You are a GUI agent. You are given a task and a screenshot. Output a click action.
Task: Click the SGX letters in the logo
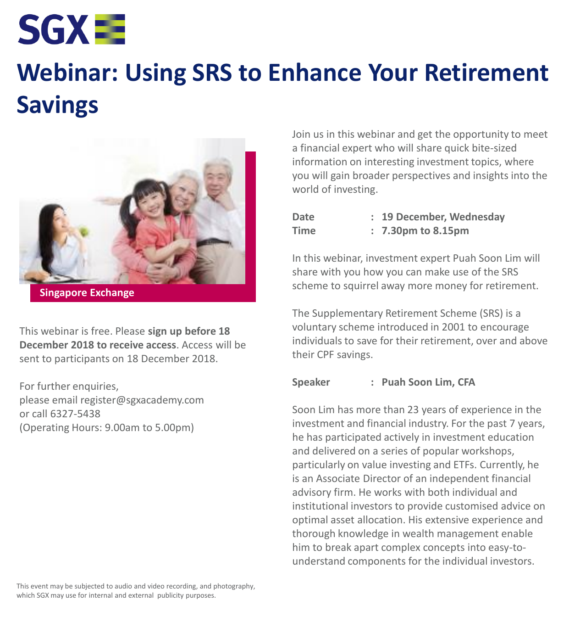pyautogui.click(x=54, y=29)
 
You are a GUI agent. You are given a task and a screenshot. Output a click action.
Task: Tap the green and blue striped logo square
pyautogui.click(x=110, y=29)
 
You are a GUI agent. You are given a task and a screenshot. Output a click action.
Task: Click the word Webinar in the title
pyautogui.click(x=67, y=73)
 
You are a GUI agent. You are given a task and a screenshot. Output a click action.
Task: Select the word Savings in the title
pyautogui.click(x=57, y=105)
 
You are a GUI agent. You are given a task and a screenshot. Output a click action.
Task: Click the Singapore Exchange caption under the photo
pyautogui.click(x=87, y=293)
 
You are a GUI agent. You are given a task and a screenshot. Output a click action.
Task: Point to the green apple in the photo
pyautogui.click(x=84, y=232)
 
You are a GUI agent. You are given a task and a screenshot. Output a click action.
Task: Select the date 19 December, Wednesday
pyautogui.click(x=443, y=217)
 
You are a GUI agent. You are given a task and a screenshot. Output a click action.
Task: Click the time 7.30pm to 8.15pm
pyautogui.click(x=425, y=231)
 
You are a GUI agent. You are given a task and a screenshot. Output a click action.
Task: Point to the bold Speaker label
pyautogui.click(x=311, y=382)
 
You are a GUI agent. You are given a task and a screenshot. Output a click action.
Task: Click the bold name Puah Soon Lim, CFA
pyautogui.click(x=428, y=382)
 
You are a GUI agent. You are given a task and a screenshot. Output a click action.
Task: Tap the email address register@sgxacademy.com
pyautogui.click(x=142, y=400)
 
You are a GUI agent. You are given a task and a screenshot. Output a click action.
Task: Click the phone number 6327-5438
pyautogui.click(x=75, y=414)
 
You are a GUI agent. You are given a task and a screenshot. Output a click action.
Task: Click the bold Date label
pyautogui.click(x=303, y=217)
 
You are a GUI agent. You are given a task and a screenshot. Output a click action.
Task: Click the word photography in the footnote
pyautogui.click(x=234, y=586)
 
